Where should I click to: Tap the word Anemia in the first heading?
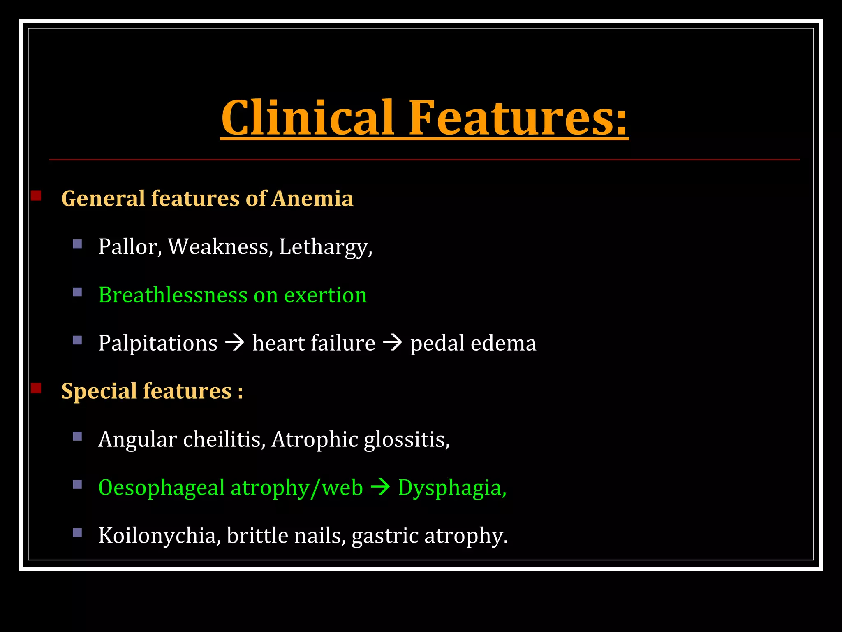pos(312,198)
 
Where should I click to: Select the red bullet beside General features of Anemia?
pos(36,195)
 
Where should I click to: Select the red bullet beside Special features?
pos(36,388)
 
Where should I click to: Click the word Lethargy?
pos(325,247)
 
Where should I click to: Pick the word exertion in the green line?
pos(325,295)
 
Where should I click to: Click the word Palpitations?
pos(158,343)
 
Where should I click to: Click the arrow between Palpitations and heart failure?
pos(235,342)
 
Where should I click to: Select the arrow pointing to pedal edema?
pos(393,342)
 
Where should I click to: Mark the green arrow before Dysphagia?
pos(380,487)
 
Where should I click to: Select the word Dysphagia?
pos(452,488)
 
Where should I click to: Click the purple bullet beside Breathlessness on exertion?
pos(77,293)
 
